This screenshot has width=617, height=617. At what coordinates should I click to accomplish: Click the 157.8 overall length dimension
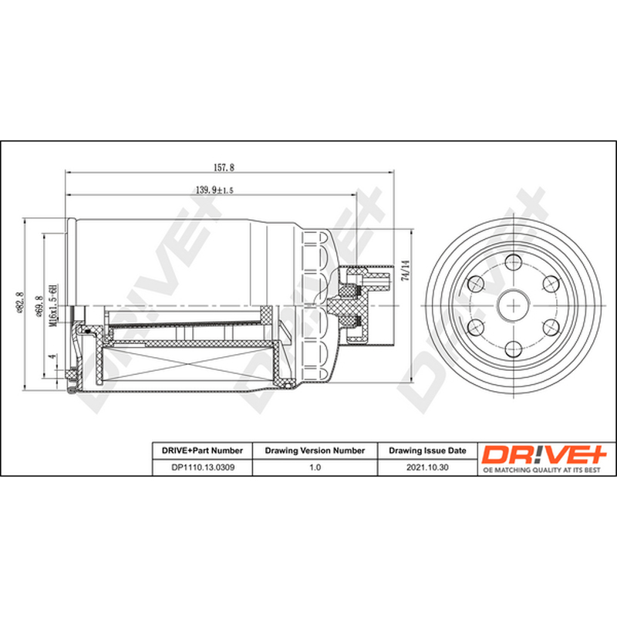coord(224,167)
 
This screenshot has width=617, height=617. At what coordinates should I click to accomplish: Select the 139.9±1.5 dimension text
coord(214,190)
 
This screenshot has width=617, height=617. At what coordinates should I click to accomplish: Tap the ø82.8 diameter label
coord(19,302)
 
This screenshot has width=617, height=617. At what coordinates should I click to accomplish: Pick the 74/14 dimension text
coord(406,270)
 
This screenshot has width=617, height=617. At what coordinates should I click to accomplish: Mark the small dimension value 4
coord(52,356)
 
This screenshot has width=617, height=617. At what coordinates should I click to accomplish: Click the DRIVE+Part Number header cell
coord(202,450)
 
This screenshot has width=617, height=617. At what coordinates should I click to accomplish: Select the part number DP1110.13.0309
coord(203,467)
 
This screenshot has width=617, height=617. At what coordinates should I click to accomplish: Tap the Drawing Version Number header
coord(315,450)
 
